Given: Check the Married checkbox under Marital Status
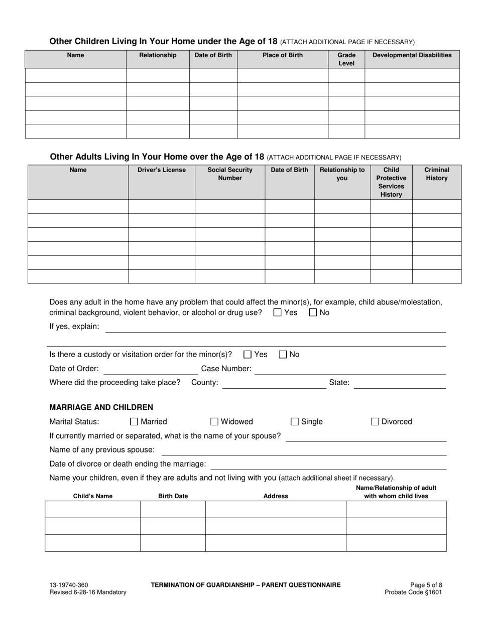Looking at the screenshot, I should click(134, 422).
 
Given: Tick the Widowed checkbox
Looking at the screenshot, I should click(214, 422).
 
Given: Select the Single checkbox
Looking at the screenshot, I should click(295, 422).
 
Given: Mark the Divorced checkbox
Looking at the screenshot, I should click(375, 422).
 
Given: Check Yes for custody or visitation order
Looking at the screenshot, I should click(248, 355).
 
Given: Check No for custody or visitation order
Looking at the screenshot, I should click(283, 355).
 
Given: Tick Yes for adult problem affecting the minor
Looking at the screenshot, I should click(278, 313).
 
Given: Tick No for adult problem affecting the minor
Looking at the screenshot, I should click(313, 313).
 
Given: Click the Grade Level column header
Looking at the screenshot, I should click(346, 59).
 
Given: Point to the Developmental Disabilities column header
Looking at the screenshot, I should click(412, 55).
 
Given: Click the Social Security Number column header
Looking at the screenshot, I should click(230, 174).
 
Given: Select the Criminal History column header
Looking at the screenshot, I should click(437, 174).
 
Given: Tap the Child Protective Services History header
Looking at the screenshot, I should click(391, 182).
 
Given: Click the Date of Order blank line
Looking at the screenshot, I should click(151, 370).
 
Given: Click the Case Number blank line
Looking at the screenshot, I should click(350, 370).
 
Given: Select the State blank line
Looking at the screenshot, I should click(400, 384).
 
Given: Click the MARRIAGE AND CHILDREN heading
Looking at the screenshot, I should click(101, 407).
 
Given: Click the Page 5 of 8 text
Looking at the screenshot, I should click(426, 585).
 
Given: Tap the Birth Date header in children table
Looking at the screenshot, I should click(173, 496).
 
